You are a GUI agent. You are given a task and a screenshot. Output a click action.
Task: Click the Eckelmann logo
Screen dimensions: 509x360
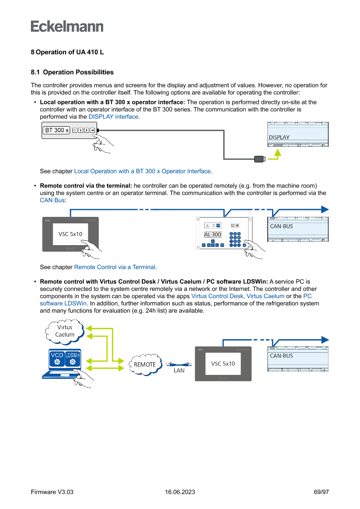[x=67, y=26]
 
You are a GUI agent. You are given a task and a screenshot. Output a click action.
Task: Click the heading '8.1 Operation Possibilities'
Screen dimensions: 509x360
[x=72, y=72]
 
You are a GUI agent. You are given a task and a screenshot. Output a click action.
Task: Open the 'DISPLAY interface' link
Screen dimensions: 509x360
[x=114, y=117]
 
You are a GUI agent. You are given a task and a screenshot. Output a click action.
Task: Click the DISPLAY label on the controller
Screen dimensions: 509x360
[x=279, y=137]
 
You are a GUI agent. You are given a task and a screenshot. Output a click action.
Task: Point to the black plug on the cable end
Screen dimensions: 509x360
[x=260, y=158]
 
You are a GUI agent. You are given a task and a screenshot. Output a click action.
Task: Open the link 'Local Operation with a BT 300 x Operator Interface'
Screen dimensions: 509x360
[x=142, y=172]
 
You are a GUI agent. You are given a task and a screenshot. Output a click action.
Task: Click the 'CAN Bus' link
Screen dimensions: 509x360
[x=52, y=200]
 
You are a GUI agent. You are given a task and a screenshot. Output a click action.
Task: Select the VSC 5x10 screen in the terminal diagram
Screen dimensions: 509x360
[x=71, y=234]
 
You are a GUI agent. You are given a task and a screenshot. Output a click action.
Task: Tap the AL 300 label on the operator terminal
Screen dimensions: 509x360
[x=213, y=234]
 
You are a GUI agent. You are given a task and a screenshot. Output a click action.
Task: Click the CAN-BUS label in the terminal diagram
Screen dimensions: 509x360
[x=282, y=226]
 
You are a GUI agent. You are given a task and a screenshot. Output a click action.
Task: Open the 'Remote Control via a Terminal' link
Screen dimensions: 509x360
[x=115, y=267]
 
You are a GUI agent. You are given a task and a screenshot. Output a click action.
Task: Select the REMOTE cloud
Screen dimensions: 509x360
[x=145, y=364]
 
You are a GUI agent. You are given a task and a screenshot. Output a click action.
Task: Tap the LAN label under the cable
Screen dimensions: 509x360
[x=179, y=371]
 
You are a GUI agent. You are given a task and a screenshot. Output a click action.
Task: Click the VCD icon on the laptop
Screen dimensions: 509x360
[x=57, y=358]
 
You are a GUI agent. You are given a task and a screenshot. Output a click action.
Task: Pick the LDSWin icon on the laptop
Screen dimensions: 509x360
[x=72, y=358]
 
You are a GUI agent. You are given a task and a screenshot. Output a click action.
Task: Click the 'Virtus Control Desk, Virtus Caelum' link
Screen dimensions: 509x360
[x=238, y=296]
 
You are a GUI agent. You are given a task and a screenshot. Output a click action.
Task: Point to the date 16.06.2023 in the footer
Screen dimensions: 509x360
[x=180, y=492]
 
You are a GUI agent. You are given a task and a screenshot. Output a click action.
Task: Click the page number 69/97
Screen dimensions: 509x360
[x=321, y=492]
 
